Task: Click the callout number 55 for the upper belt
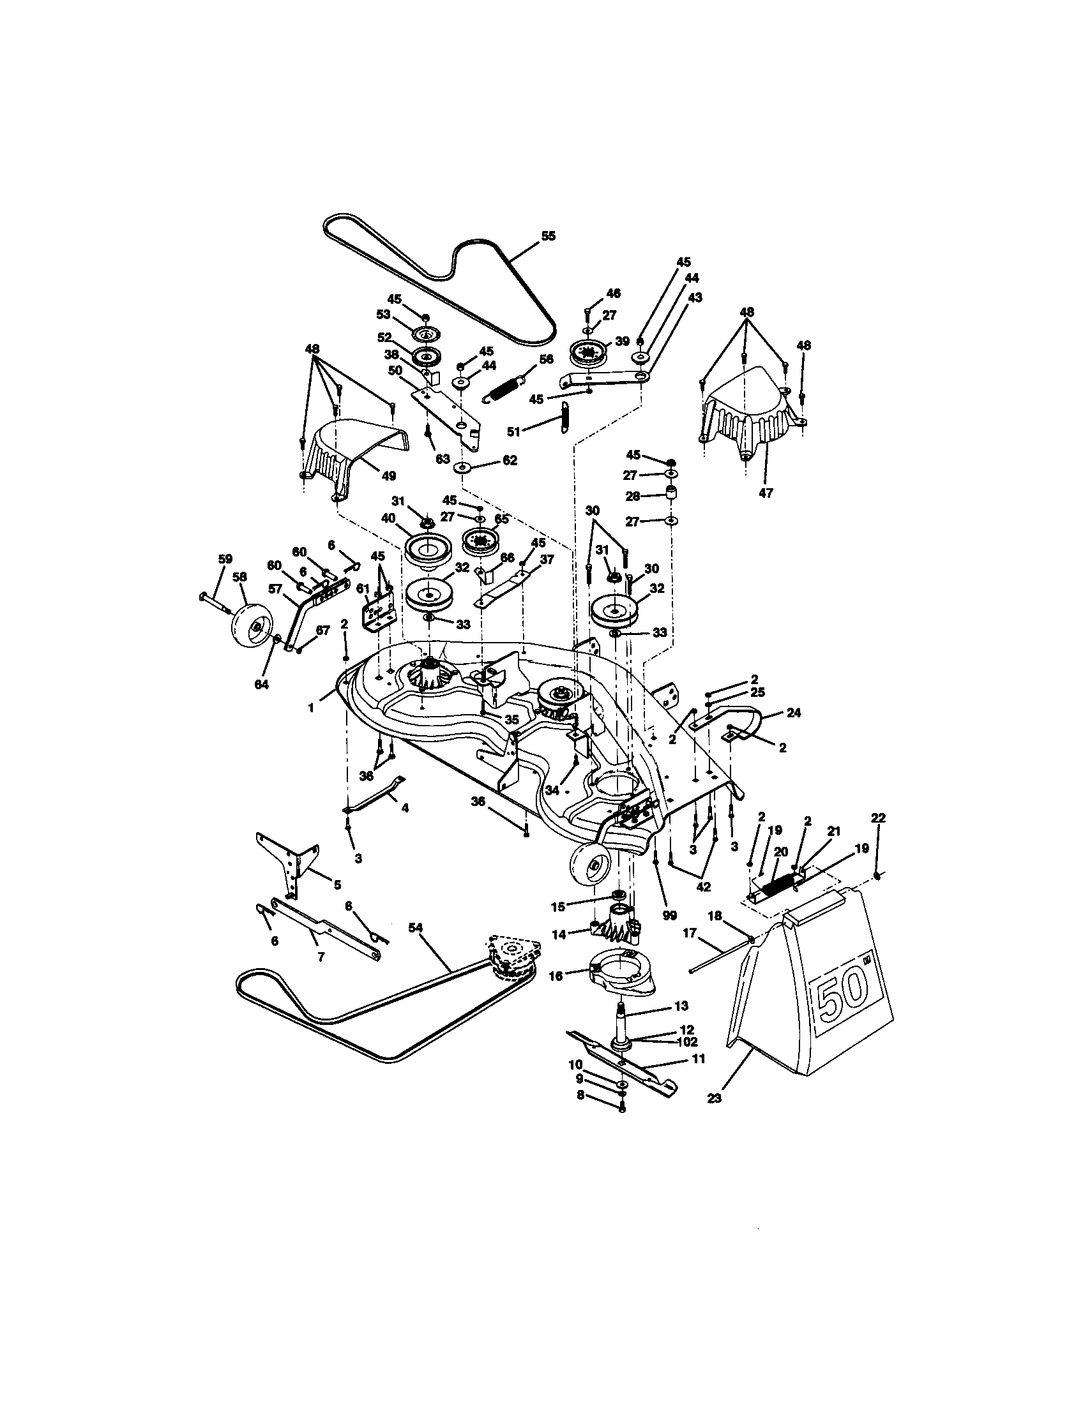(548, 236)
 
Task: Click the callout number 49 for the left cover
(388, 476)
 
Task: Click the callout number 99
(669, 915)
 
